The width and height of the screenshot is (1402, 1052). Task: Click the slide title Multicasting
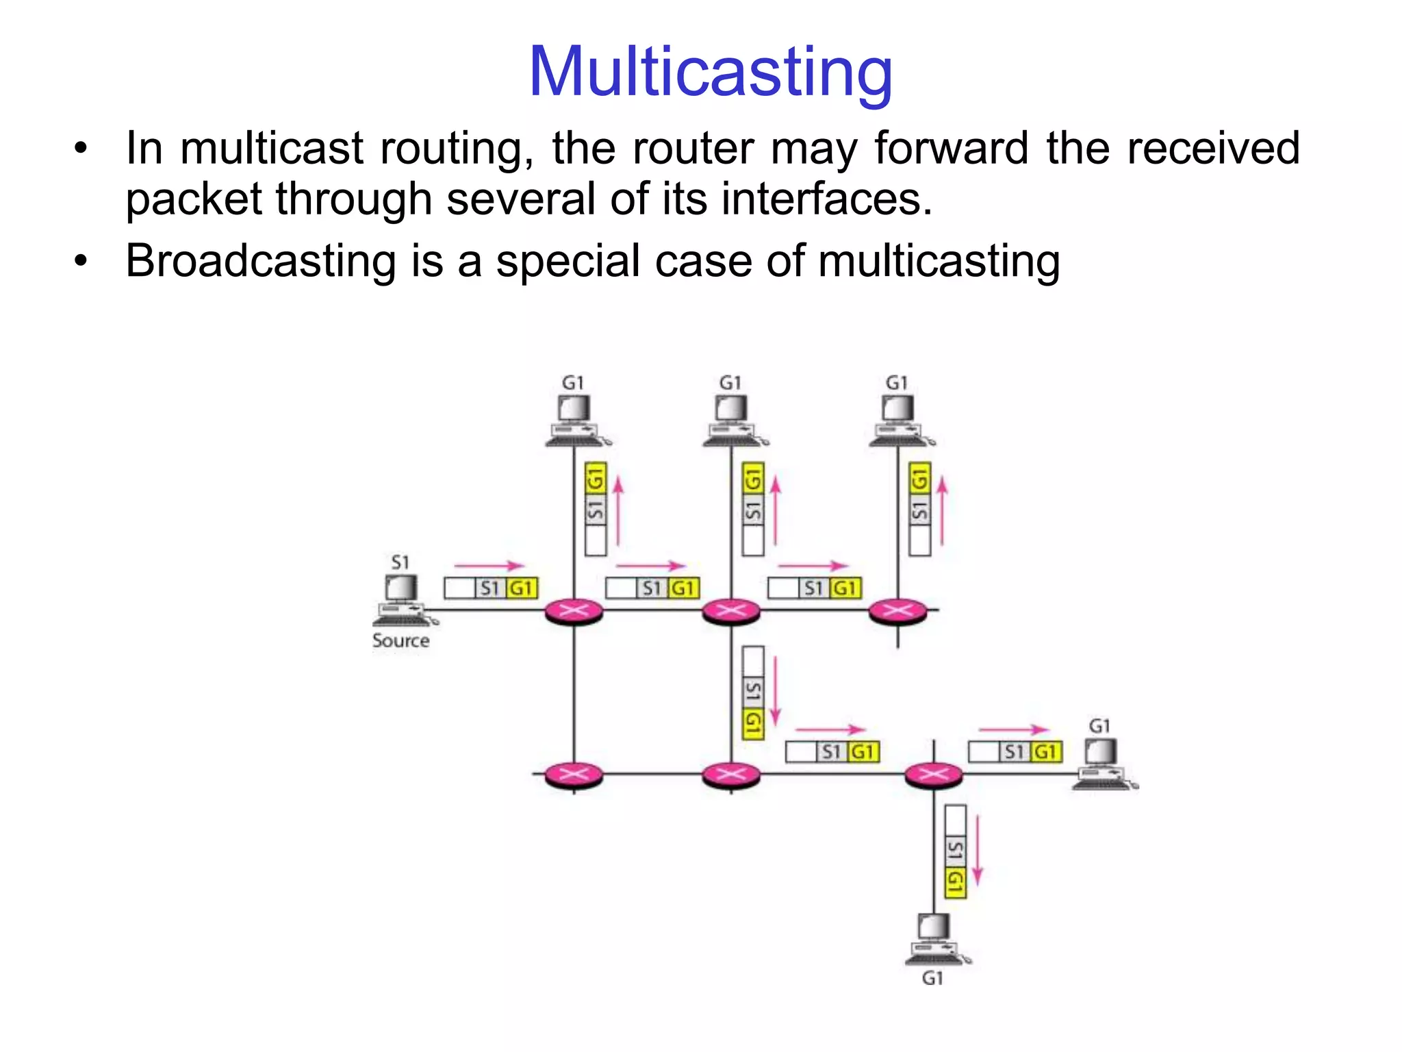710,72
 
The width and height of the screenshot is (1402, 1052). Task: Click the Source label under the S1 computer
400,641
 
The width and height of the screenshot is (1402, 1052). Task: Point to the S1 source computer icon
403,600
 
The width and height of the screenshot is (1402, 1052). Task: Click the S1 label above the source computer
400,562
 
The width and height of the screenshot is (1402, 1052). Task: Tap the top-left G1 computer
575,419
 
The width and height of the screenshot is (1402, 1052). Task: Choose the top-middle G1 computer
732,419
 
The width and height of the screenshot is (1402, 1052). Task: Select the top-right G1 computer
899,419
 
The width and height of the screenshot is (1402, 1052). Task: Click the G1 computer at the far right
1102,763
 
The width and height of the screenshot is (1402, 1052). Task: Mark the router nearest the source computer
574,610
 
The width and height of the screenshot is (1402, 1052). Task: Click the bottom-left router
574,775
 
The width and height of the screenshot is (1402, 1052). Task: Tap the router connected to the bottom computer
934,775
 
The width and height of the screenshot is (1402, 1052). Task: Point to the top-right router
897,610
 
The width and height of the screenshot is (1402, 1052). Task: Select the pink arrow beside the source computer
489,566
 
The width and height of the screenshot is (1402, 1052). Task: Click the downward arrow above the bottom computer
978,849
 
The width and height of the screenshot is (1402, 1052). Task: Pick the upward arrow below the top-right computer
943,511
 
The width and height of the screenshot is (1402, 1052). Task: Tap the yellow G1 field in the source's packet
522,588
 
